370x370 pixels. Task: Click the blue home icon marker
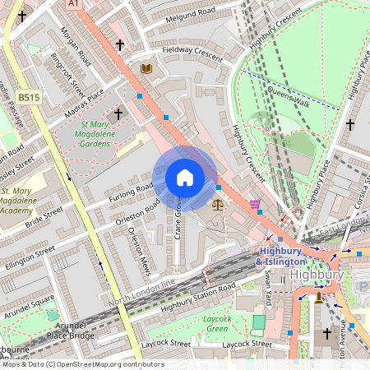tap(185, 178)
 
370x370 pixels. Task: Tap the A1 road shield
tap(75, 4)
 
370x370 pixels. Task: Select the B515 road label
tap(29, 97)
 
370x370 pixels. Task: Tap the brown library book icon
tap(146, 69)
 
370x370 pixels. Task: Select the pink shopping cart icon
tap(255, 203)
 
